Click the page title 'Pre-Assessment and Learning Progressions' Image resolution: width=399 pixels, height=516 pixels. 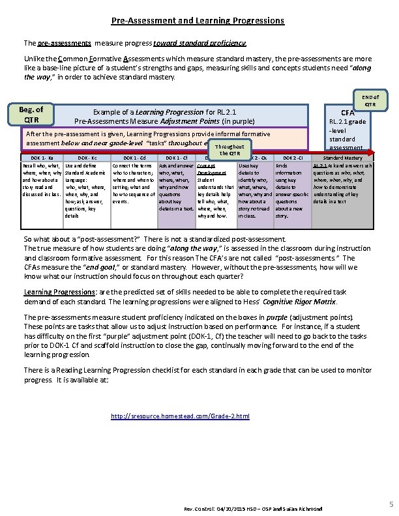[198, 21]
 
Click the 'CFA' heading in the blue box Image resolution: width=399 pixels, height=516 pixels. [347, 113]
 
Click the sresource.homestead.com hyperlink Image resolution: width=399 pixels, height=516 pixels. [180, 416]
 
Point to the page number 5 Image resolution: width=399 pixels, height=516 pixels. [388, 503]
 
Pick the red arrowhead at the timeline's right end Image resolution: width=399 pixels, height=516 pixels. [374, 152]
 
